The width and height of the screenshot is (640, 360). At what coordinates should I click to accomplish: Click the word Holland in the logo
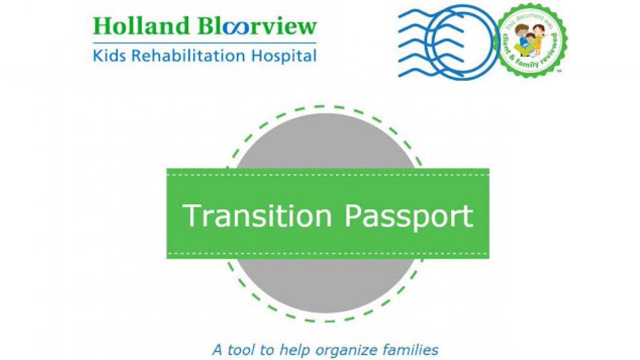pos(140,27)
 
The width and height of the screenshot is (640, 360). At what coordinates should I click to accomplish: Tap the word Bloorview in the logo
pos(257,27)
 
